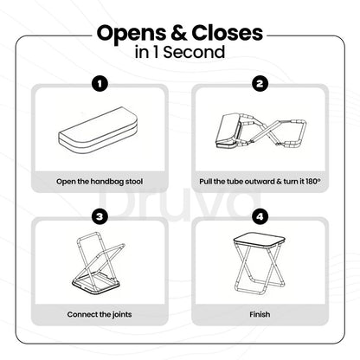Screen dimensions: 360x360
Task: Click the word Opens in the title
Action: pyautogui.click(x=132, y=34)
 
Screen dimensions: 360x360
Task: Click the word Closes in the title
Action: pyautogui.click(x=228, y=33)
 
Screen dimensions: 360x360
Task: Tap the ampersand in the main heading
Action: pyautogui.click(x=179, y=33)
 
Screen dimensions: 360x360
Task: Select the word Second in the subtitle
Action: pyautogui.click(x=194, y=52)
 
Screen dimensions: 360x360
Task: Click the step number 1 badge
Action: pyautogui.click(x=100, y=84)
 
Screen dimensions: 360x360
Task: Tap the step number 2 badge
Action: pyautogui.click(x=260, y=84)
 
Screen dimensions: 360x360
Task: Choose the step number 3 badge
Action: pyautogui.click(x=100, y=216)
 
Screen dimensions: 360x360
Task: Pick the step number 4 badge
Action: pyautogui.click(x=260, y=216)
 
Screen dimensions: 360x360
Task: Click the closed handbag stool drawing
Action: pyautogui.click(x=99, y=131)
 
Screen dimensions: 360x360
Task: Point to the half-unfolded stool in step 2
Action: pyautogui.click(x=260, y=132)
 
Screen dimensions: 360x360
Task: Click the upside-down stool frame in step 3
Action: pyautogui.click(x=99, y=263)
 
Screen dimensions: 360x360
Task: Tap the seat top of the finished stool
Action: pyautogui.click(x=259, y=240)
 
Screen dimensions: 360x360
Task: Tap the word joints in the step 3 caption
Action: pyautogui.click(x=122, y=315)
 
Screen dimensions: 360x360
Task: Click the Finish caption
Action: pyautogui.click(x=260, y=314)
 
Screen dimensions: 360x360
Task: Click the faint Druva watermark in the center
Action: pyautogui.click(x=179, y=202)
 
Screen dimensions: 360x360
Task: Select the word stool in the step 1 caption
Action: pyautogui.click(x=134, y=182)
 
